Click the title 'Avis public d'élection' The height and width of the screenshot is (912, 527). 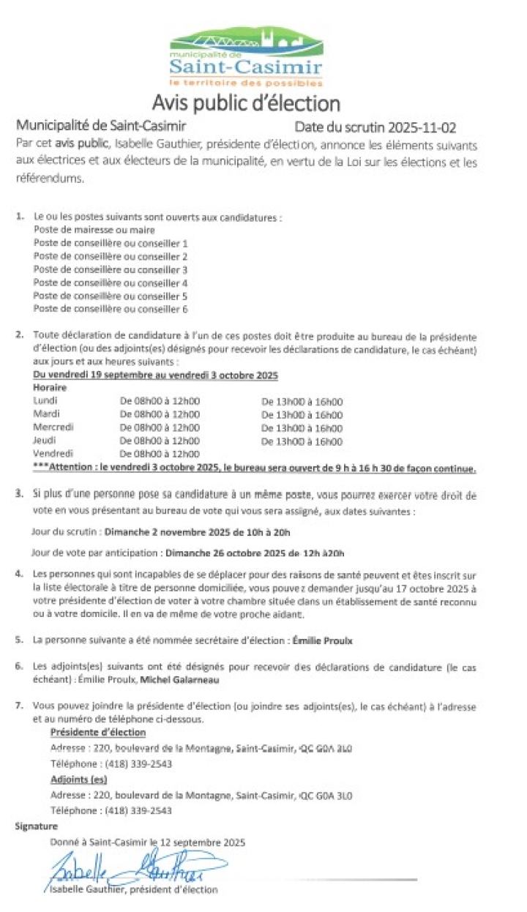click(x=246, y=102)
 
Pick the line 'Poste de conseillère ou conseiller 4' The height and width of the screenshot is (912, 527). click(x=111, y=283)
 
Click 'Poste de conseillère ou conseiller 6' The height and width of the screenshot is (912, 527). click(x=111, y=309)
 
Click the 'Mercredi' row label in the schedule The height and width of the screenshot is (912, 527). click(x=53, y=427)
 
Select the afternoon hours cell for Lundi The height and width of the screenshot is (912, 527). click(x=302, y=401)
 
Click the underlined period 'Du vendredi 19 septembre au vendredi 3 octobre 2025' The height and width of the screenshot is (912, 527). click(x=155, y=375)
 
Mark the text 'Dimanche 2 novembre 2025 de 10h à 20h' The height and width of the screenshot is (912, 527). click(x=187, y=531)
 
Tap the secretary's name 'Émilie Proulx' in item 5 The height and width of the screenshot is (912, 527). click(x=322, y=640)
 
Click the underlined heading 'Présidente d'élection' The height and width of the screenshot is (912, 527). click(x=98, y=732)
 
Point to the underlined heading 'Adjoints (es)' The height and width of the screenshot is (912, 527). click(x=78, y=780)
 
